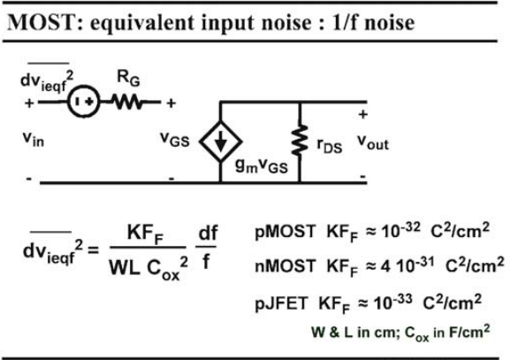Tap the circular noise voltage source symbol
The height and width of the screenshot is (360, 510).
click(x=84, y=102)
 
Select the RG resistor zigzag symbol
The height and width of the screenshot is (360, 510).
click(x=127, y=102)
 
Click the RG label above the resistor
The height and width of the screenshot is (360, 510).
click(x=128, y=79)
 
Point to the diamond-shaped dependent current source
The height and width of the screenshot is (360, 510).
click(x=220, y=142)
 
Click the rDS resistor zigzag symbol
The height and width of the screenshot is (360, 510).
click(x=300, y=140)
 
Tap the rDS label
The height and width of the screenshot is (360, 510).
click(x=329, y=145)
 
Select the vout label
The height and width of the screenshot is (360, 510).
click(x=373, y=142)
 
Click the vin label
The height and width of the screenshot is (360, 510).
click(x=34, y=139)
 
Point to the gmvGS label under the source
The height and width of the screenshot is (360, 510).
click(x=262, y=165)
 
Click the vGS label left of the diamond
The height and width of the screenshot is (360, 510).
click(x=175, y=140)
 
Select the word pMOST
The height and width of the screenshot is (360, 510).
click(x=285, y=232)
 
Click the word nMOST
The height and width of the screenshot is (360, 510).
click(x=285, y=265)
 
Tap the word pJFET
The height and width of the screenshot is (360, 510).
click(x=281, y=303)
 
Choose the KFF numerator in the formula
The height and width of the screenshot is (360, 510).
click(x=145, y=234)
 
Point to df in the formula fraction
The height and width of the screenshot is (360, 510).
click(x=208, y=233)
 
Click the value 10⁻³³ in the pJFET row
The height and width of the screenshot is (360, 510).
click(x=392, y=302)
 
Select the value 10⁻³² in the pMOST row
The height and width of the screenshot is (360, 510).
click(x=400, y=230)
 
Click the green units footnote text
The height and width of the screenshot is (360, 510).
click(x=400, y=333)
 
